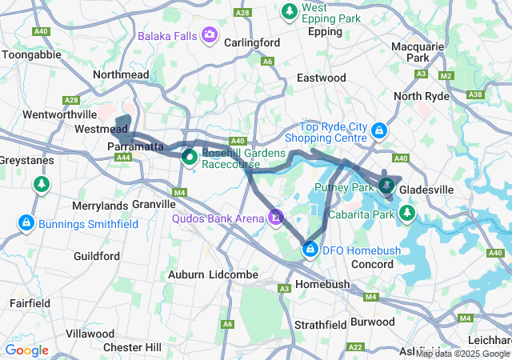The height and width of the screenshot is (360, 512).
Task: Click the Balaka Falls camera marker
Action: point(210,34)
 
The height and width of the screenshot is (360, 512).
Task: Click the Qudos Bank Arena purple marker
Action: point(276,216)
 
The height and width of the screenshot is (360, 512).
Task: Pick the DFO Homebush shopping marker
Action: point(310,250)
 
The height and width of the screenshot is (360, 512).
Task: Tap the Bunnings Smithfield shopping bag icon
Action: point(26,222)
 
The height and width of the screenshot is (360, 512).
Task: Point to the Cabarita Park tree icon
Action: point(407,213)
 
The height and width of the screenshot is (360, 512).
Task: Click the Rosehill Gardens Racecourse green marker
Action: point(189,157)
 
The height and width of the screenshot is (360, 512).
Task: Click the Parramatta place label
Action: point(136,147)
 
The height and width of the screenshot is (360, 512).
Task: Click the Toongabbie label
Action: point(30,55)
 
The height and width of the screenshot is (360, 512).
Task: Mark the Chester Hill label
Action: point(133,346)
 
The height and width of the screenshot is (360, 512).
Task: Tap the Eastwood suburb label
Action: point(321,78)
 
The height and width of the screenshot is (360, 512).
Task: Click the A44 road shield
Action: point(123,158)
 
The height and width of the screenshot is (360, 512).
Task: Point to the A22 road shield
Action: point(356,346)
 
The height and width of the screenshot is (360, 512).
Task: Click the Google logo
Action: point(27,350)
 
